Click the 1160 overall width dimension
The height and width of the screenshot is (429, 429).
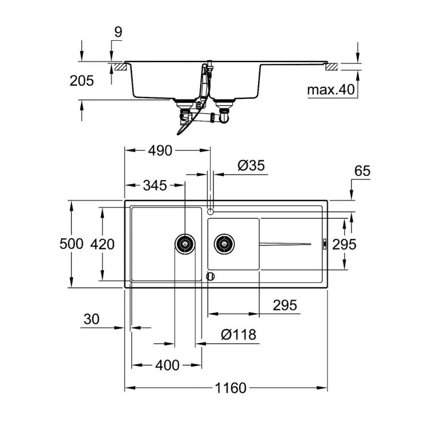click(x=231, y=388)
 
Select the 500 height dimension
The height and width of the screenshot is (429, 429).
click(x=71, y=244)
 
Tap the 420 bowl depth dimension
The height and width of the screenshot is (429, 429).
click(x=102, y=245)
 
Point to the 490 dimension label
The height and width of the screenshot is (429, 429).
click(x=160, y=151)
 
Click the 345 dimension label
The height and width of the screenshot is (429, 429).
click(x=155, y=186)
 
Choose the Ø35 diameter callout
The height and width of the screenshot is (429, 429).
click(x=251, y=166)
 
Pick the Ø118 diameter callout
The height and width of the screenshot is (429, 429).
click(x=239, y=334)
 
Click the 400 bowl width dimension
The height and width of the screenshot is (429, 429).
click(x=167, y=365)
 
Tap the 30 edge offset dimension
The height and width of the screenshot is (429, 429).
click(x=91, y=319)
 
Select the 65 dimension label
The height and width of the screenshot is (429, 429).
click(x=363, y=171)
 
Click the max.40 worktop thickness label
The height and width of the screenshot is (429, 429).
click(x=331, y=90)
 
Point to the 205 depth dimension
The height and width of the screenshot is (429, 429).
click(x=82, y=81)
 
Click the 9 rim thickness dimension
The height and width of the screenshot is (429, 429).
click(x=118, y=32)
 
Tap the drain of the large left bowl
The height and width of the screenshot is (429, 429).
click(x=185, y=244)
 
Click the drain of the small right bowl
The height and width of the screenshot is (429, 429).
click(x=224, y=244)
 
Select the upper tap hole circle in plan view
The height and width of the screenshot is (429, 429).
click(x=210, y=211)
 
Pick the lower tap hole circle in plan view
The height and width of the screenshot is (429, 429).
click(x=210, y=276)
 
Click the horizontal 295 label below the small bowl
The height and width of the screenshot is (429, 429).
click(x=285, y=305)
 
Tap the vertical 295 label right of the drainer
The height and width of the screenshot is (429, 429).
click(x=344, y=245)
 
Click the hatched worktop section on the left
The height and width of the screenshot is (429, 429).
click(x=120, y=68)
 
